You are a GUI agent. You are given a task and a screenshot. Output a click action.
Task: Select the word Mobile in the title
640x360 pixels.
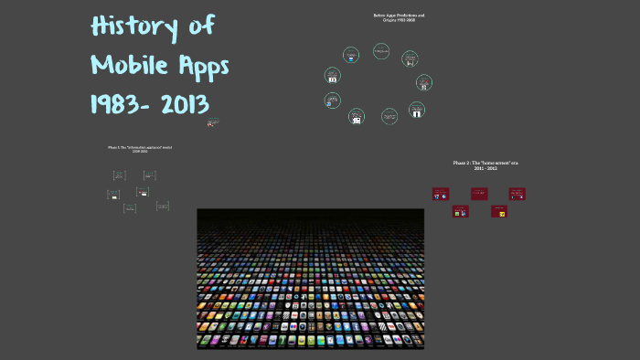[128, 65]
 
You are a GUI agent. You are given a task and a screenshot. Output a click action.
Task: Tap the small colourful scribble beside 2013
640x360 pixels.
[213, 121]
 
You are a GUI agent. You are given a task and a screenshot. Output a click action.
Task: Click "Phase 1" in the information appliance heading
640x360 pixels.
[117, 146]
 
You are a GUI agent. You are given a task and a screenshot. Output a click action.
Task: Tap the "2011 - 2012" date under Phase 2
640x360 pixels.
[486, 168]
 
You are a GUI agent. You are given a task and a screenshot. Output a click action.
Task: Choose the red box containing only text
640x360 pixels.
[479, 194]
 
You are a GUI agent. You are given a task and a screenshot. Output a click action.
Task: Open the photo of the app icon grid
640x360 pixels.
[311, 279]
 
